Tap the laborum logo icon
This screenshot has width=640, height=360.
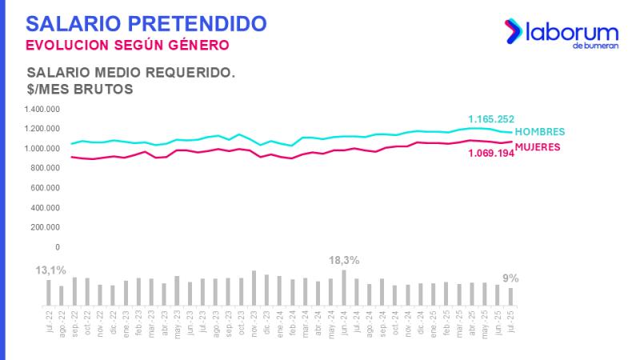(x=512, y=31)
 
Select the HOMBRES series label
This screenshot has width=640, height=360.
(x=539, y=132)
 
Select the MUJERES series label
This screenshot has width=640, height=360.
(x=537, y=147)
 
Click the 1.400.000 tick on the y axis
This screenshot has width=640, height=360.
(x=43, y=110)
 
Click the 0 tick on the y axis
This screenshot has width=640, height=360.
(x=58, y=247)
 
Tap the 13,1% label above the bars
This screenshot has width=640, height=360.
(x=50, y=271)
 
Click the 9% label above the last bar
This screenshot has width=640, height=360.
(x=510, y=278)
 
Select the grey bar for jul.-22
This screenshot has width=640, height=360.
(x=49, y=292)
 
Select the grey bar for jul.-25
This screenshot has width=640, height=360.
(x=510, y=296)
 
